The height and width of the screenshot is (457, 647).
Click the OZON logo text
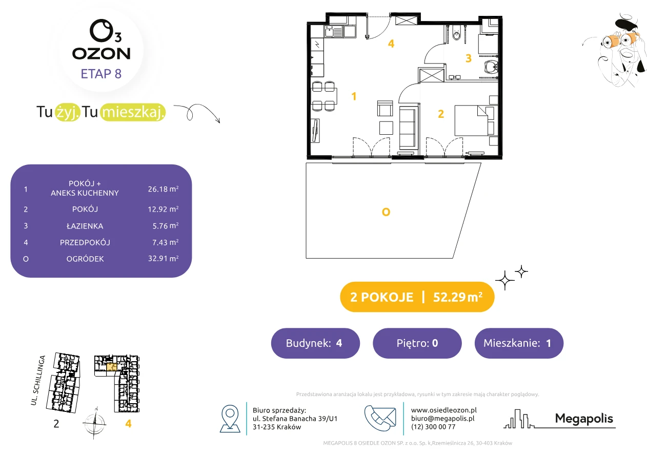[101, 54]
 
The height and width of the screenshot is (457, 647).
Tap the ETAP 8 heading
[101, 74]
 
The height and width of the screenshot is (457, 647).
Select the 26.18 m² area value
[163, 189]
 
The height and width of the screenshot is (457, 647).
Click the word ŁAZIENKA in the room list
[85, 226]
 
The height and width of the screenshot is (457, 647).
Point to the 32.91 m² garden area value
[163, 258]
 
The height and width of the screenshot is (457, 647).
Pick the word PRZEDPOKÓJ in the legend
[85, 242]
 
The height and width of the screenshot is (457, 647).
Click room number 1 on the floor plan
[354, 96]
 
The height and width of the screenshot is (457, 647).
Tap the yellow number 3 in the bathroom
[469, 58]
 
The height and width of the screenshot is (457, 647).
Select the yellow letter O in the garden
[386, 212]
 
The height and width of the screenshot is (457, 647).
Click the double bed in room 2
[475, 120]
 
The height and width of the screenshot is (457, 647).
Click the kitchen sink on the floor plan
[334, 31]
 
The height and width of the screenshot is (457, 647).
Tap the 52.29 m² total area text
[457, 297]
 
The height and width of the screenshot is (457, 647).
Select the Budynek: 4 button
[315, 343]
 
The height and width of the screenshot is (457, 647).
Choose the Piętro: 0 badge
[417, 343]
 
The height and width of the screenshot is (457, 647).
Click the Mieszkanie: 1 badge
[519, 343]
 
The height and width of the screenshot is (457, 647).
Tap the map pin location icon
[230, 418]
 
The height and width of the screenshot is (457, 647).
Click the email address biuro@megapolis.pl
[443, 418]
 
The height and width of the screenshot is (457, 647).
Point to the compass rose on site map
[94, 423]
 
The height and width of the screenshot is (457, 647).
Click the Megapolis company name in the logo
[584, 418]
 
